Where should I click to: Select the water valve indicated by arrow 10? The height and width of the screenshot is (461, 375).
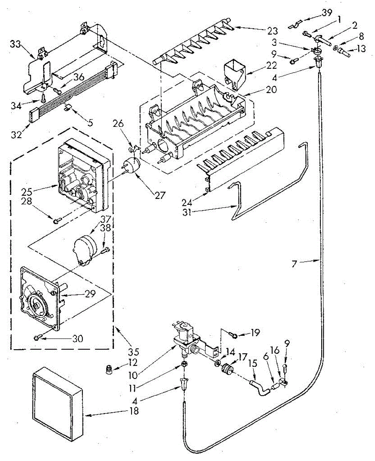[x=187, y=336]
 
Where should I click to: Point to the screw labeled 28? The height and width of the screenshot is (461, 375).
[x=57, y=220]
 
